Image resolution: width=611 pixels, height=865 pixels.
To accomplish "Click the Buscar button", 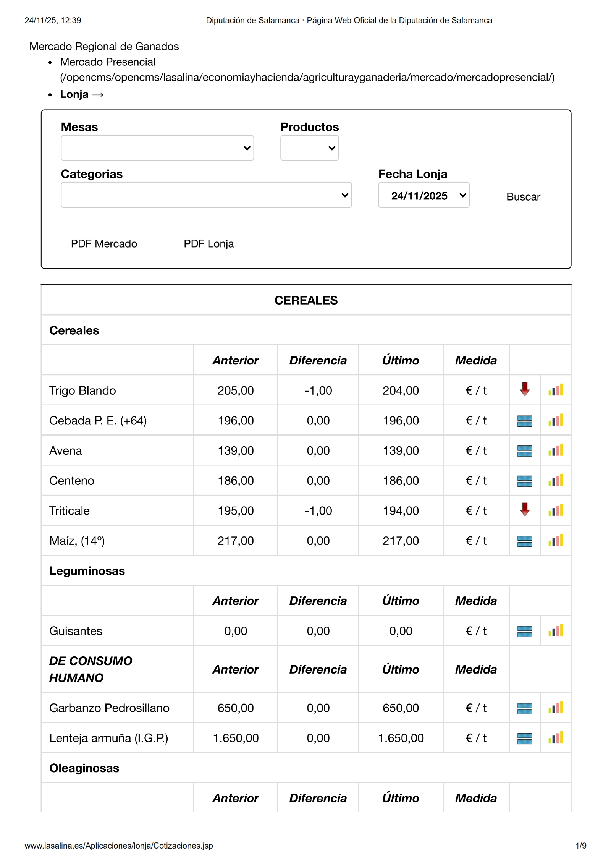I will point(523,197).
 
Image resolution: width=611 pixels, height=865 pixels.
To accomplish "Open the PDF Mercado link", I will point(104,244).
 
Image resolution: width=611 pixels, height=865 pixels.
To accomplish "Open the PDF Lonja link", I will point(209,244).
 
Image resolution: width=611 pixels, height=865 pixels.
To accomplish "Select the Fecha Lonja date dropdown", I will point(423,195).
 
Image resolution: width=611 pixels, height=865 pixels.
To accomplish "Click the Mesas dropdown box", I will point(157,148).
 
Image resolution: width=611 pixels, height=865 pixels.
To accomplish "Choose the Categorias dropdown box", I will point(206,195).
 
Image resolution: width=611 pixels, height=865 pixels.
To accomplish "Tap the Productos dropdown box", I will point(309,148).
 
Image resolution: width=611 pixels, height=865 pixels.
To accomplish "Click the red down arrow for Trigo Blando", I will point(525,390).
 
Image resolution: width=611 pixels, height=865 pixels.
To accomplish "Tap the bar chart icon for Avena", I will point(556,450).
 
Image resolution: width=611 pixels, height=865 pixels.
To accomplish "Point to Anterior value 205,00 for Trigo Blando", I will point(236,390).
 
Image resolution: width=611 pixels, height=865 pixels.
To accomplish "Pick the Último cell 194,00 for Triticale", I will point(401,511).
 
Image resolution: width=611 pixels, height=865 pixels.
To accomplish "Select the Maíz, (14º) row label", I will point(77,541).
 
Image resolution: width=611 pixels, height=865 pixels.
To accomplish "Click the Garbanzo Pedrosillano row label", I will point(109,708).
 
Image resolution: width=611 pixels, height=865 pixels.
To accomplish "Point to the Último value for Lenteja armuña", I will point(401,738).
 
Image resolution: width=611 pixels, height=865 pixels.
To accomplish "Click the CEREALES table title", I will point(306,300).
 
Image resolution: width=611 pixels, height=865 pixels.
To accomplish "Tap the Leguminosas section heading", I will point(87,571).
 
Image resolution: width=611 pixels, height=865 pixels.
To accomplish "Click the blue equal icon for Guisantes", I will point(525,631).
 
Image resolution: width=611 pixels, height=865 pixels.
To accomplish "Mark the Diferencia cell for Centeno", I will point(318,481).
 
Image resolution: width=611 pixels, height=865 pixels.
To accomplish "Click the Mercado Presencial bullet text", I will point(108,62).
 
